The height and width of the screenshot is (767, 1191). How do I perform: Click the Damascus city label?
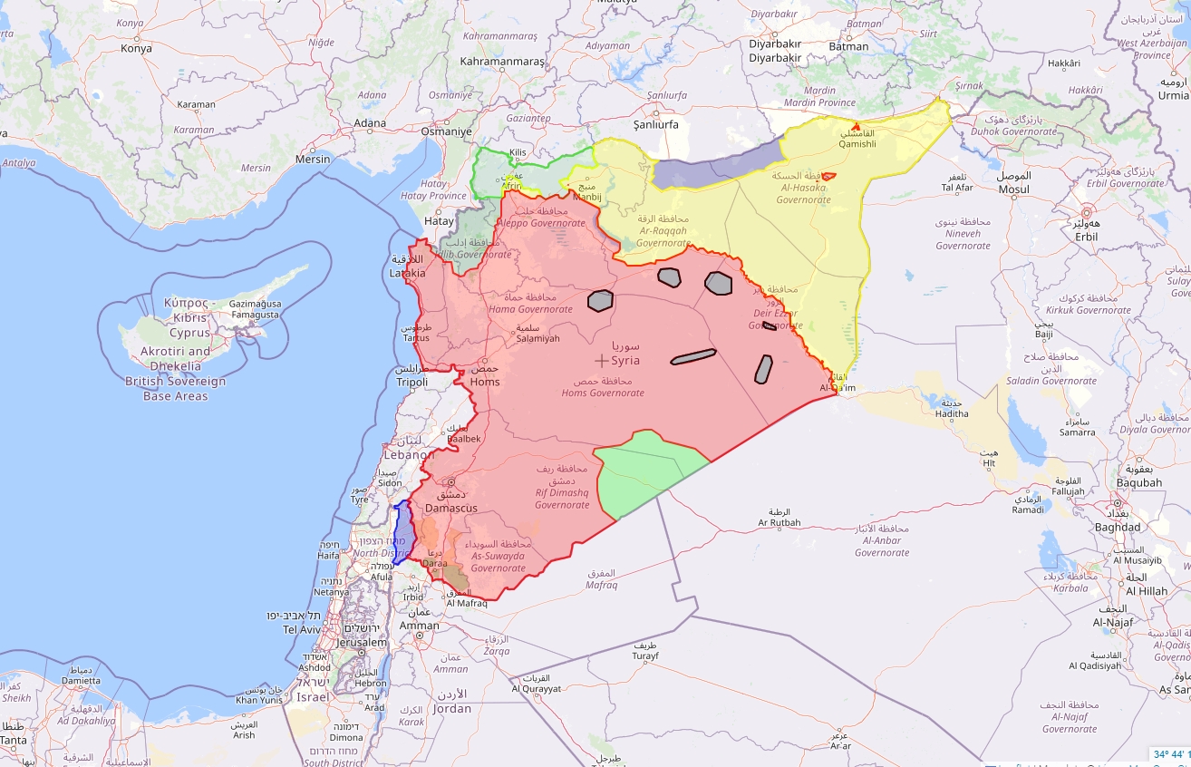pos(450,508)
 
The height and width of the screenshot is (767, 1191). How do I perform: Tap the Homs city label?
pos(485,382)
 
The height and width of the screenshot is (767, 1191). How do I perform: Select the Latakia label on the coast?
pos(407,272)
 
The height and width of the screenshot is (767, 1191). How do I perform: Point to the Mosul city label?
pos(1014,189)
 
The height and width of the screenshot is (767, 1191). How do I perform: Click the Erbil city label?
pos(1086,237)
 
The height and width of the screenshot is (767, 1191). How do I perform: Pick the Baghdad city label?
pos(1118,527)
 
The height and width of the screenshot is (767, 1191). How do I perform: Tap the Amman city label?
pos(420,626)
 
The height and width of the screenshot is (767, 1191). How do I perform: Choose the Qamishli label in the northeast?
pos(857,144)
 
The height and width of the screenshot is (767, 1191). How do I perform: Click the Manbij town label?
pos(586,196)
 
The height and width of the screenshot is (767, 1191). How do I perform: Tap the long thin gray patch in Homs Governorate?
pos(693,357)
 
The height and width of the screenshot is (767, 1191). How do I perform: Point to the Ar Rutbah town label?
pos(779,522)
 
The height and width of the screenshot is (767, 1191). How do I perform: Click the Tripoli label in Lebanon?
pos(412,382)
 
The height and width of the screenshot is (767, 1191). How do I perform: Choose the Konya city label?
pos(136,48)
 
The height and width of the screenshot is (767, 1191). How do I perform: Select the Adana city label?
pos(370,123)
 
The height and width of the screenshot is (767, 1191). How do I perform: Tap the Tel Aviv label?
pos(302,628)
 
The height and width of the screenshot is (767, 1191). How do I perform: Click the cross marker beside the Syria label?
pos(601,360)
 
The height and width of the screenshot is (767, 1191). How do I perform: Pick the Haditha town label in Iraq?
pos(952,413)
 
